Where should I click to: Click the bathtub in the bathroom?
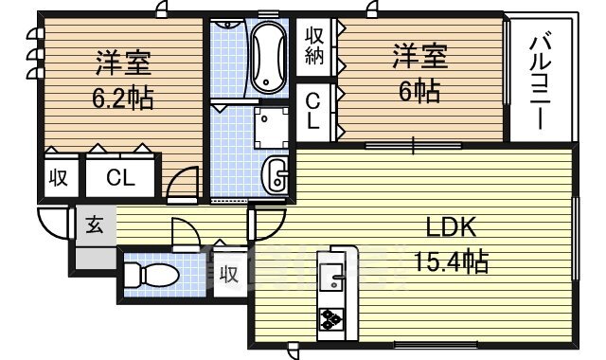[269, 57]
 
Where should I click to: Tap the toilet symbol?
[151, 276]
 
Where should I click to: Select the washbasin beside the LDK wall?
[276, 175]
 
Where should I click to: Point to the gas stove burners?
[331, 319]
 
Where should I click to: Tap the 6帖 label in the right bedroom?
[419, 92]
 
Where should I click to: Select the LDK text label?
[451, 227]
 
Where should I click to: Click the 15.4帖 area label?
[452, 261]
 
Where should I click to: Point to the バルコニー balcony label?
[540, 82]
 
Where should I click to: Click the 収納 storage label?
[314, 45]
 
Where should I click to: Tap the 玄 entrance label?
[95, 225]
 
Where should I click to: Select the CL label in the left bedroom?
[120, 177]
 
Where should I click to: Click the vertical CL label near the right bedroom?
[313, 112]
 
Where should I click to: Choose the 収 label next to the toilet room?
[229, 275]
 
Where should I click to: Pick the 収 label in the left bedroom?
[59, 178]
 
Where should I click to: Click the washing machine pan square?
[272, 128]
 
